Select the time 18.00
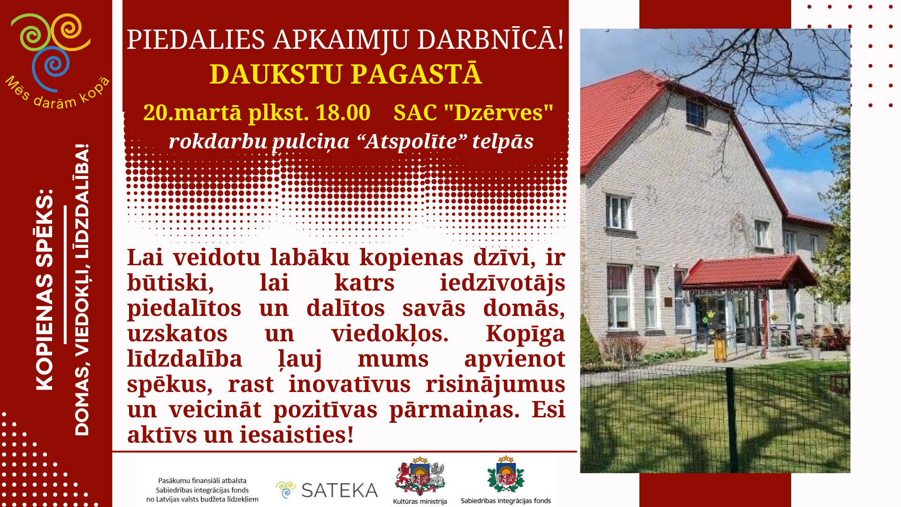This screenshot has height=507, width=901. tap(343, 113)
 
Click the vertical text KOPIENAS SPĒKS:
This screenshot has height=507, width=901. tap(45, 290)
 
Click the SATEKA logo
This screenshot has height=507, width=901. tap(327, 490)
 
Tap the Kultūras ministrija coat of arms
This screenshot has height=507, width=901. tap(420, 477)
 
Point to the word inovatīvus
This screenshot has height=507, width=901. tap(350, 384)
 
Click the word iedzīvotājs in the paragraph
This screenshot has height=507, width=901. tap(502, 283)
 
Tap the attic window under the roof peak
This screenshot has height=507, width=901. tap(695, 114)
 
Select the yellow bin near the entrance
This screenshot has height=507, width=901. tap(719, 350)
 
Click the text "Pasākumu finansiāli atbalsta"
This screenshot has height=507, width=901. tap(202, 481)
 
